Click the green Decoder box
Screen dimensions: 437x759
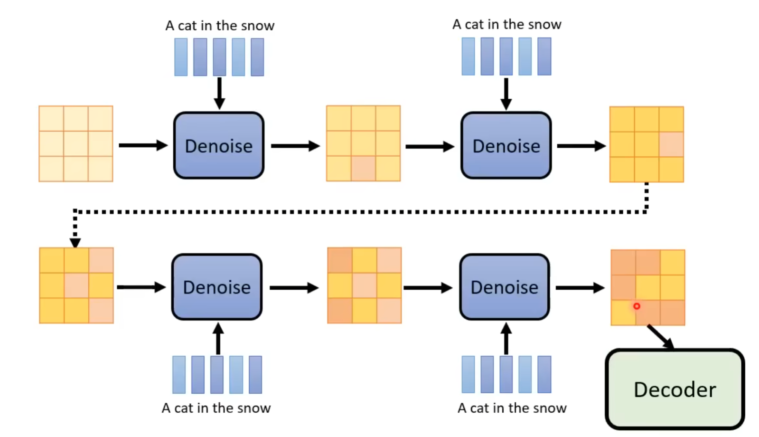point(675,389)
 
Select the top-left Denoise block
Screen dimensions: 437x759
point(218,145)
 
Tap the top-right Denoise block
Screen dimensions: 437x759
point(506,145)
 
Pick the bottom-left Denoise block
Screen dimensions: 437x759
point(217,287)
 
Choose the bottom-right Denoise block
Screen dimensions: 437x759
point(505,287)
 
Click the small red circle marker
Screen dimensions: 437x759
point(637,306)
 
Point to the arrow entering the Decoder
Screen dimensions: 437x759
point(661,337)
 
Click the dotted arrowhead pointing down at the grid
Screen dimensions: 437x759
point(75,242)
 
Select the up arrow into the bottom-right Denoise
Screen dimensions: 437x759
point(506,338)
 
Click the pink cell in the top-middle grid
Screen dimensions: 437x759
point(363,169)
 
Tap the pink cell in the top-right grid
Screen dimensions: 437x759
point(671,144)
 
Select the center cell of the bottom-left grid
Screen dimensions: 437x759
point(76,285)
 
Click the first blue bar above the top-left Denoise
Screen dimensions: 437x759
point(181,57)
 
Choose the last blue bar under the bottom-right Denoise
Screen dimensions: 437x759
point(544,374)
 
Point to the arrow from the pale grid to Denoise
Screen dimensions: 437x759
point(143,145)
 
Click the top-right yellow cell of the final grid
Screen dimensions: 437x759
point(672,262)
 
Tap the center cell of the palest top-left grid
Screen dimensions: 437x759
point(76,143)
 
